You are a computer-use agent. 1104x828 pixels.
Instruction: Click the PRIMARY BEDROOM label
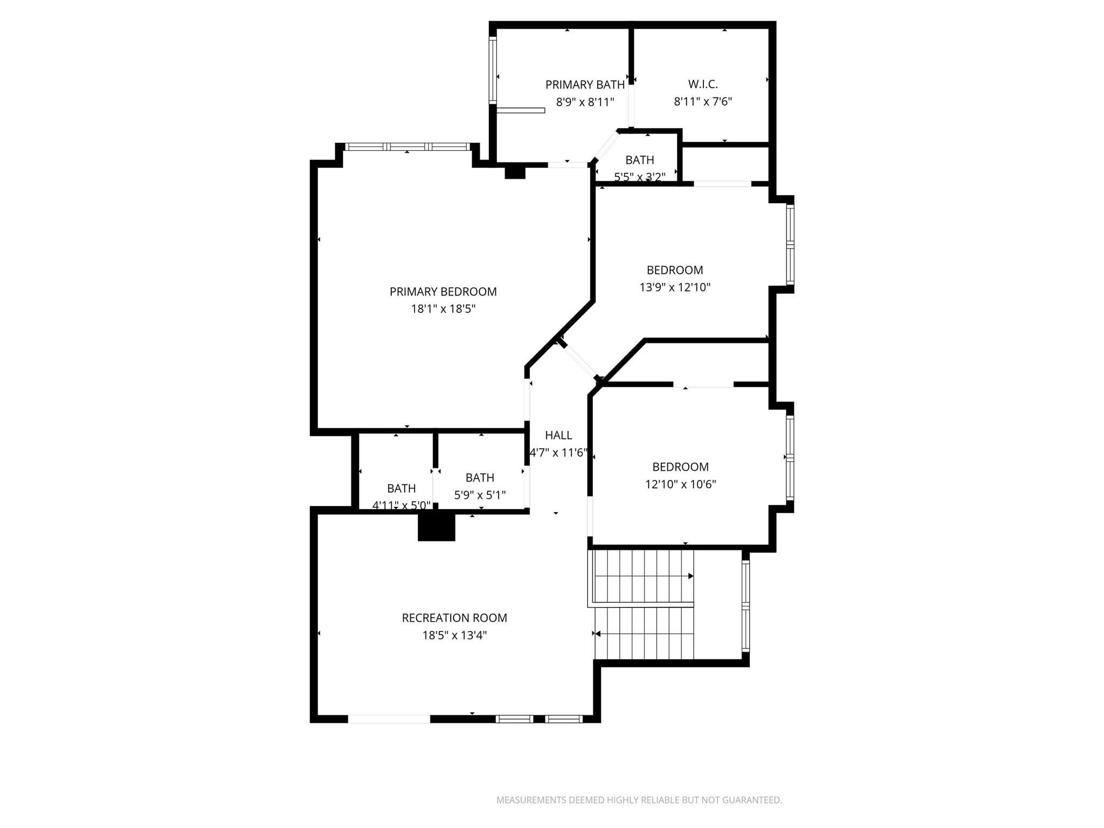pos(443,292)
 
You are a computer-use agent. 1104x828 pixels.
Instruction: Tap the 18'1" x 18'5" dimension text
pos(443,309)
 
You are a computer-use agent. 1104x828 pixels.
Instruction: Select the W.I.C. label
pos(703,84)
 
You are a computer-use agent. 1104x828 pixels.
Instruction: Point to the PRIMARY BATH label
pos(585,85)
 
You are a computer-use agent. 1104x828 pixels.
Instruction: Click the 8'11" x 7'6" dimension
pos(703,101)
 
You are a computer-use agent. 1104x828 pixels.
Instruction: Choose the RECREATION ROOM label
pos(454,618)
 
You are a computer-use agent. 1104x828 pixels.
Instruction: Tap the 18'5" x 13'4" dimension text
pos(454,635)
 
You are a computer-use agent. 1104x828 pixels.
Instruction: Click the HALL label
pos(558,435)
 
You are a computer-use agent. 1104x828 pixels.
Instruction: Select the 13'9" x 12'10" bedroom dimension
pos(675,287)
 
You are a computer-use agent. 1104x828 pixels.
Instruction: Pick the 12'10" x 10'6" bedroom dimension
pos(680,484)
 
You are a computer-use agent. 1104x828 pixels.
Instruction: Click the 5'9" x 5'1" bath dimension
pos(480,495)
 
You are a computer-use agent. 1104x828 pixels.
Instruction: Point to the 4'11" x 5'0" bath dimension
pos(402,506)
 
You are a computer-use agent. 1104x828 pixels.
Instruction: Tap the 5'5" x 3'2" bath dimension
pos(640,177)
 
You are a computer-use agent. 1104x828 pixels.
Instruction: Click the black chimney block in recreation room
pos(437,527)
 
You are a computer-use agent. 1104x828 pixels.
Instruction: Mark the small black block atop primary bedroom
pos(515,171)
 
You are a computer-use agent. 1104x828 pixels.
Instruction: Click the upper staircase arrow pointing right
pos(691,576)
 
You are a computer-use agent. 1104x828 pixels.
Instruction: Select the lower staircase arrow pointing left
pos(597,633)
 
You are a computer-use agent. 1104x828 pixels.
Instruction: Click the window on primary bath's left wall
pos(492,70)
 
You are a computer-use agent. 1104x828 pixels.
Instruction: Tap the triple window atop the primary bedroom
pos(407,147)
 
